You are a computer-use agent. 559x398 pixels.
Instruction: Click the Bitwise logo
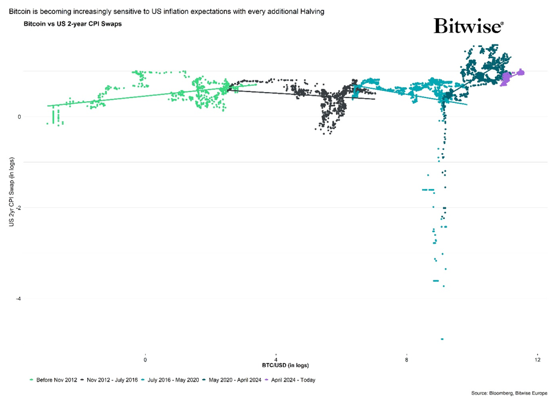[468, 26]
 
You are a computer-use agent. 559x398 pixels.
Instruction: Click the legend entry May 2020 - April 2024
[234, 380]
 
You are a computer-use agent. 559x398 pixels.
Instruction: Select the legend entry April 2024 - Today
[294, 380]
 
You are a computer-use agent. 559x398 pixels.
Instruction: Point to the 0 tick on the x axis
[145, 360]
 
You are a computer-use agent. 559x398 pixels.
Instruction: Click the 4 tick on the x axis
[276, 360]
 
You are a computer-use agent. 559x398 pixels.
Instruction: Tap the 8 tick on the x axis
[407, 360]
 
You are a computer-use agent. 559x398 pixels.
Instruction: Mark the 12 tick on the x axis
[537, 360]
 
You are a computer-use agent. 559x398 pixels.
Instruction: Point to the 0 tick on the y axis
[19, 117]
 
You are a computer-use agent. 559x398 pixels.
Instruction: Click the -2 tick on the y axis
[18, 208]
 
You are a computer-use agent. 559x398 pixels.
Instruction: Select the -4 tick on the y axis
[18, 299]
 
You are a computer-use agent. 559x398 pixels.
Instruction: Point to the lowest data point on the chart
[442, 339]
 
